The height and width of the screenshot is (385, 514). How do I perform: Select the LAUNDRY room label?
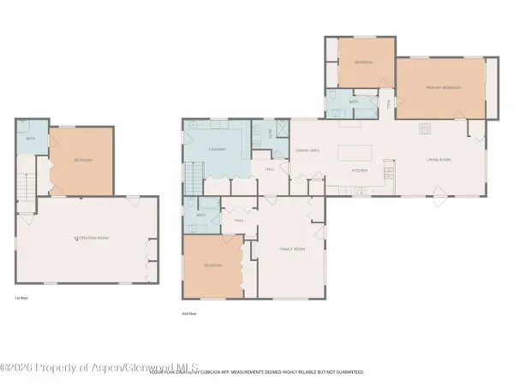point(217,150)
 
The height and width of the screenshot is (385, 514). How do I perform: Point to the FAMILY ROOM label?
point(293,249)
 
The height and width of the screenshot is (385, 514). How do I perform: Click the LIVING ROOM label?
point(439,159)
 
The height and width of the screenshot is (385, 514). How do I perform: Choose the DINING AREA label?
point(308,151)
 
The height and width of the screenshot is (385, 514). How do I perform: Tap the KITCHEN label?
point(360,171)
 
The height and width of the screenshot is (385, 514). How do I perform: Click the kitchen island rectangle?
point(361,154)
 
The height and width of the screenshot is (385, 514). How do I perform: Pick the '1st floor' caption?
point(20,299)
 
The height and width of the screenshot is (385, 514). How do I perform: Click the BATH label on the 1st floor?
point(31,139)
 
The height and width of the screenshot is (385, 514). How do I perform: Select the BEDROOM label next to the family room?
point(213,265)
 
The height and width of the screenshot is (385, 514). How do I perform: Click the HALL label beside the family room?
point(239,220)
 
